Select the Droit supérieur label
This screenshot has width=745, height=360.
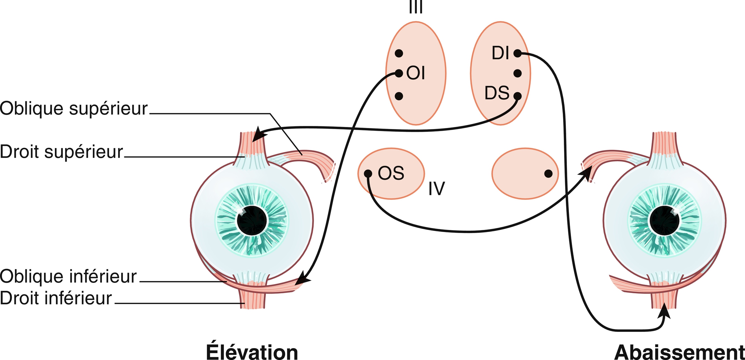click(61, 152)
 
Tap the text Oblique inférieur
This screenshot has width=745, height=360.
click(68, 276)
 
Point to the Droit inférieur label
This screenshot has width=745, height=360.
click(56, 298)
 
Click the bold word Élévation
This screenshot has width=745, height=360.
click(252, 352)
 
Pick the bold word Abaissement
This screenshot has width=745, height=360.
click(679, 353)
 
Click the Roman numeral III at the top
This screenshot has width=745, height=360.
click(416, 7)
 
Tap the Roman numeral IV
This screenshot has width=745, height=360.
click(437, 189)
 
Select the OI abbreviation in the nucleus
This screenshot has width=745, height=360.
click(416, 73)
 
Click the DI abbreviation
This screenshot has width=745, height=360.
click(500, 53)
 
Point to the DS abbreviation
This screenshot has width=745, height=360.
click(497, 93)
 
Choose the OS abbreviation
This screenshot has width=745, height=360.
click(391, 173)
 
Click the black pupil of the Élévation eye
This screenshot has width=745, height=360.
click(252, 220)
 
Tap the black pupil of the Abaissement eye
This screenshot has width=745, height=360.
click(664, 220)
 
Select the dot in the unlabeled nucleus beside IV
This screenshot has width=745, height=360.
click(548, 174)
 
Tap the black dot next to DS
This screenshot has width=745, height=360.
click(517, 96)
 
